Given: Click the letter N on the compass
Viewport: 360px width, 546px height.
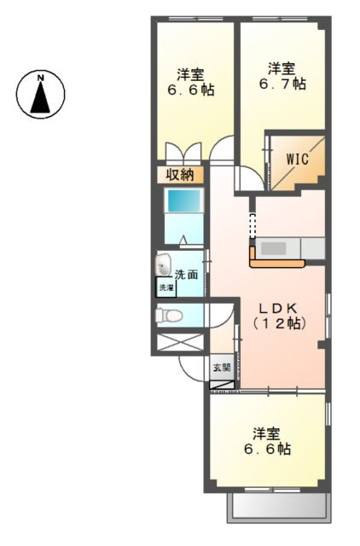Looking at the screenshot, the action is tap(41, 78).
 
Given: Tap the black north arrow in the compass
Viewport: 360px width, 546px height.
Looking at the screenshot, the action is tap(40, 97).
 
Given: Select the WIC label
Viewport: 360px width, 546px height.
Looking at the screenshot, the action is tap(298, 160).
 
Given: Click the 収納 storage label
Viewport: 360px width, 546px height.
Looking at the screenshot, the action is tap(180, 174).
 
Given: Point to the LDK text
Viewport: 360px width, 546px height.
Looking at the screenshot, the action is tap(279, 308).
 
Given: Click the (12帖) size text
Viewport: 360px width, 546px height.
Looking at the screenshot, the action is tap(279, 324).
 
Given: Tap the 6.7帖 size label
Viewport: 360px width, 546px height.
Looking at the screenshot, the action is tap(282, 84).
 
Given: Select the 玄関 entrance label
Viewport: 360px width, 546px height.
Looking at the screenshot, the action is tap(222, 367).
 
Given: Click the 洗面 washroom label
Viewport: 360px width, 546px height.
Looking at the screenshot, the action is tap(186, 275).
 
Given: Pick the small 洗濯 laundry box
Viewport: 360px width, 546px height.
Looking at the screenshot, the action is tap(166, 288).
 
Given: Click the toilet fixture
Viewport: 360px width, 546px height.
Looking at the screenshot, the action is tap(169, 316).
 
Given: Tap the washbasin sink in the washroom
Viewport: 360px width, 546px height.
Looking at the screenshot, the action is tap(163, 264).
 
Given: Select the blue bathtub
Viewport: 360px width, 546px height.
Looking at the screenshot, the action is tap(183, 200).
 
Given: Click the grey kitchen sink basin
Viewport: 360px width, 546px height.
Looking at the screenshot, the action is tap(274, 248).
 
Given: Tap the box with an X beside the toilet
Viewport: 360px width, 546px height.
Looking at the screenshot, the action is tap(180, 342).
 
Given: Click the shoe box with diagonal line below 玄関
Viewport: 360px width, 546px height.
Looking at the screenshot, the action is tap(222, 385).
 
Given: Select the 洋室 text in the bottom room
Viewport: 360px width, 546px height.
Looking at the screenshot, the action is tap(267, 433).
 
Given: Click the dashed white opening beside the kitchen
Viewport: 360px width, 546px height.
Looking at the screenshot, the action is tap(253, 225).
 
